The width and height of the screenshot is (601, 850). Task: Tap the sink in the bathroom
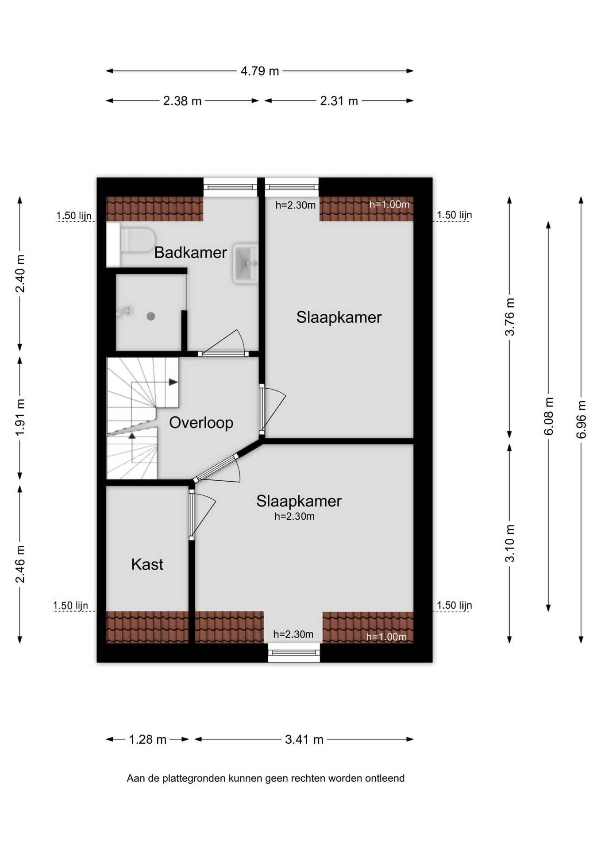click(x=246, y=263)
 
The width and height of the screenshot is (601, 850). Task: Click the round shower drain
click(x=151, y=316)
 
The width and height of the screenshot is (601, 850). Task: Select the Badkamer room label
click(x=190, y=252)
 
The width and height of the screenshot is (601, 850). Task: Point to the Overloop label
click(x=201, y=422)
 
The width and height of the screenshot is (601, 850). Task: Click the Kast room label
click(x=147, y=564)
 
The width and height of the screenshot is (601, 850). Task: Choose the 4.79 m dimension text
click(x=260, y=71)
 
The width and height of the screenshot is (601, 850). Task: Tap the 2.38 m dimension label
click(x=182, y=101)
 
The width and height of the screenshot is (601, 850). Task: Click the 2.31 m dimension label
click(x=339, y=101)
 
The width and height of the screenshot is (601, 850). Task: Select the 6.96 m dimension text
click(x=581, y=420)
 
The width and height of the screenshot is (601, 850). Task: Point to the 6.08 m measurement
click(x=548, y=416)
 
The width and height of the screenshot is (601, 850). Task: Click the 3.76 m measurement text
click(x=510, y=317)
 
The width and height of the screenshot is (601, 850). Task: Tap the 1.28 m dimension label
click(x=147, y=739)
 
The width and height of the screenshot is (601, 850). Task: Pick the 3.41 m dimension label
click(x=304, y=739)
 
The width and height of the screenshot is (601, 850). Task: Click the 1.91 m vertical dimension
click(x=20, y=417)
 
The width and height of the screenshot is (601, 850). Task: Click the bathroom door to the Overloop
click(x=223, y=343)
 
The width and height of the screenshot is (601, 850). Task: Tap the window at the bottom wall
click(x=294, y=653)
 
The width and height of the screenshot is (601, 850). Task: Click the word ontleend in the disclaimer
click(x=385, y=778)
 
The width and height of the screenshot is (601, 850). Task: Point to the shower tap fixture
click(x=124, y=312)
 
